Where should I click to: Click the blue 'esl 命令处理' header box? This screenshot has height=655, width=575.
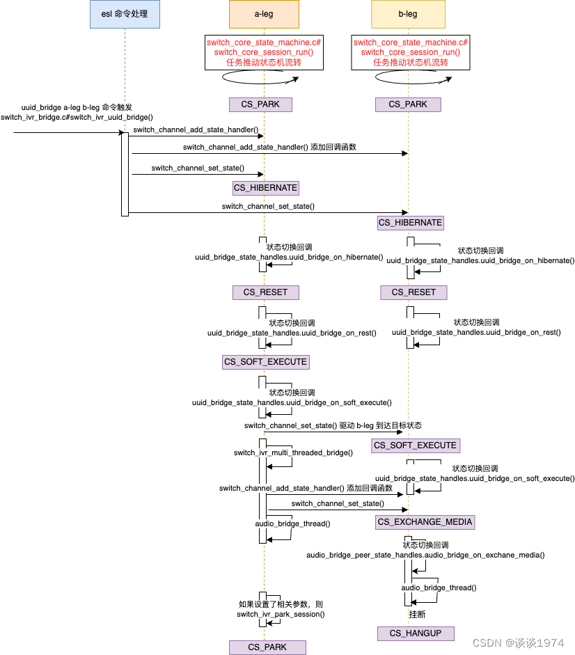click(x=125, y=14)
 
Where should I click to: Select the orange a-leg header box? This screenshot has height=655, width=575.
click(x=264, y=14)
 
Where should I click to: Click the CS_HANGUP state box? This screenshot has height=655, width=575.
click(x=415, y=633)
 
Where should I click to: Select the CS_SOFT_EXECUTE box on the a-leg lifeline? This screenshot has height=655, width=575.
click(x=265, y=362)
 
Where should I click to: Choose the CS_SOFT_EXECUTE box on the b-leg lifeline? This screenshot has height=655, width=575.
click(x=416, y=445)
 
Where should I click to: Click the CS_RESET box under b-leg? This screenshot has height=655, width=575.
click(x=413, y=292)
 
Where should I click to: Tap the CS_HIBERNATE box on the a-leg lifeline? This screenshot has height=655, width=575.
click(x=265, y=188)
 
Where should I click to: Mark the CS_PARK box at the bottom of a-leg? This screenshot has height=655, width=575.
click(x=267, y=647)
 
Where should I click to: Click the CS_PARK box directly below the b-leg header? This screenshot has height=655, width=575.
click(x=408, y=104)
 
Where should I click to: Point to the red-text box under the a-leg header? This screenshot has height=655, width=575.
click(x=264, y=52)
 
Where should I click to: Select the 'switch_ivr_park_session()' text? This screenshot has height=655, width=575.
click(x=281, y=614)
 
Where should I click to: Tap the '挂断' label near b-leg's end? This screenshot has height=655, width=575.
click(x=418, y=615)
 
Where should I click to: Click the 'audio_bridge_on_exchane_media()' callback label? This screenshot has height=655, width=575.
click(x=425, y=555)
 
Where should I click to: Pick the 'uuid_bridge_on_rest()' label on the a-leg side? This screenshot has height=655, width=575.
click(x=292, y=333)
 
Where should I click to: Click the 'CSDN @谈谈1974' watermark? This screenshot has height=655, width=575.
click(x=518, y=642)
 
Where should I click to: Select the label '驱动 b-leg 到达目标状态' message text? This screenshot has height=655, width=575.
click(x=381, y=425)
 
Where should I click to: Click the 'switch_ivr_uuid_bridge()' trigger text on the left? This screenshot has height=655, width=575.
click(x=77, y=117)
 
